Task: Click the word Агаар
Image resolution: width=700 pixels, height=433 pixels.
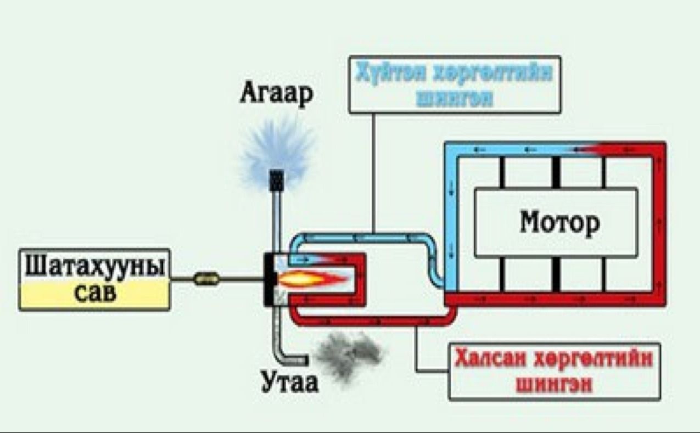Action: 276,94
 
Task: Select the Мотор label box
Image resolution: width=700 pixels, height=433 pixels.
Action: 556,222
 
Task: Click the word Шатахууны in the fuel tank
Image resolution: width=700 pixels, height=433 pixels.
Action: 94,268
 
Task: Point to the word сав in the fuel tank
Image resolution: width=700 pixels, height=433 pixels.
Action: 94,294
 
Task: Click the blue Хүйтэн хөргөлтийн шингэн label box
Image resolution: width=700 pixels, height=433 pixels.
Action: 455,85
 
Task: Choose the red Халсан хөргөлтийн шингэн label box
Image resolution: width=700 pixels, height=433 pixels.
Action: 555,372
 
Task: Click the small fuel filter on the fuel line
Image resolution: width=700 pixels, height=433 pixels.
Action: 206,279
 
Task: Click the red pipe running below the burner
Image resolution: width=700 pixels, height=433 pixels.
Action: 373,320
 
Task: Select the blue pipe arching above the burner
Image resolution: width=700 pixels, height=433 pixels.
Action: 362,237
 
